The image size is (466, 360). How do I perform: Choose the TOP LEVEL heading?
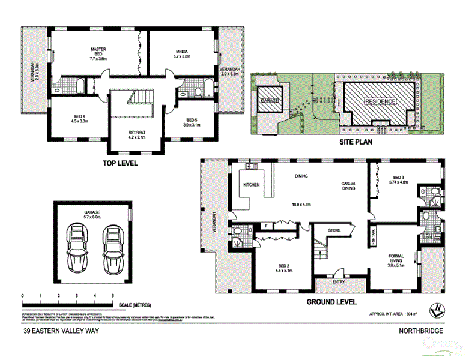121,163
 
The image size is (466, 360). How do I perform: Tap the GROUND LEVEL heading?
331,302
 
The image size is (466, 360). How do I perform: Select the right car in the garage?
112,247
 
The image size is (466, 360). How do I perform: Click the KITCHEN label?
251,185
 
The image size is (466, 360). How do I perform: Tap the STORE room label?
334,230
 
